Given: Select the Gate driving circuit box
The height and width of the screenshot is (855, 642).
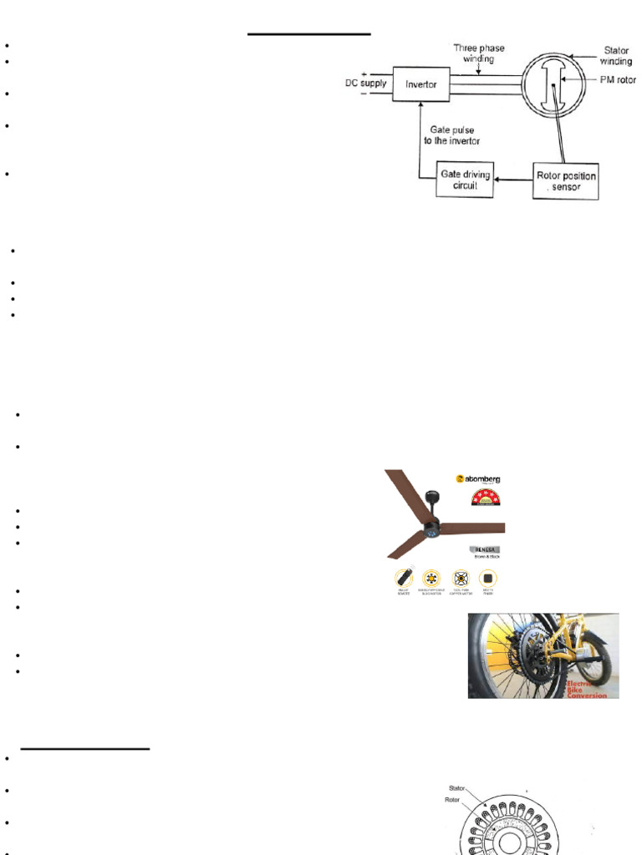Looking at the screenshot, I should tap(465, 180).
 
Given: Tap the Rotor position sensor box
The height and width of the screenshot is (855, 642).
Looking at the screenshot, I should tap(566, 181).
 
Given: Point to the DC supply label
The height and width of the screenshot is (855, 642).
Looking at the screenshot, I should tap(366, 84).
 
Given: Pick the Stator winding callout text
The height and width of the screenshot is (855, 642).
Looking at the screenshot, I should tap(616, 56).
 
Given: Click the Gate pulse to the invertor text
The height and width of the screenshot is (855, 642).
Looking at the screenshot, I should tap(452, 135).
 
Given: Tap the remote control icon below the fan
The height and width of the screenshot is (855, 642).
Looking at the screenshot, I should tap(405, 577).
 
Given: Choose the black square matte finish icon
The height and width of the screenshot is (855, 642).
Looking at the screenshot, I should tap(487, 577).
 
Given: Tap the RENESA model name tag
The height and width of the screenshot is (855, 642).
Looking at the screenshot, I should tap(483, 550).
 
